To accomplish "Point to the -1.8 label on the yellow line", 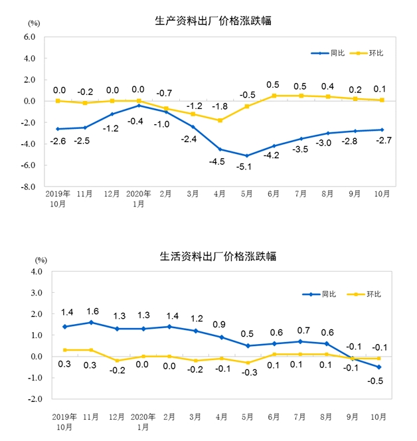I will pyautogui.click(x=219, y=106).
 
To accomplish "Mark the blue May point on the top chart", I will pyautogui.click(x=247, y=156).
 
